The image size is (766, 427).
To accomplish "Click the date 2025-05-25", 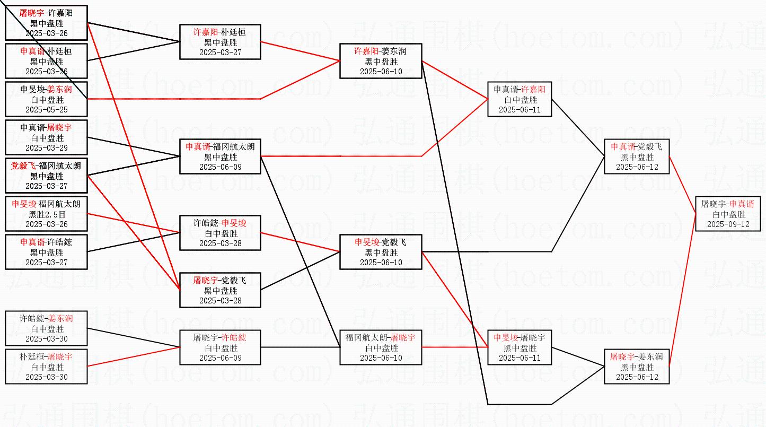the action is click(46, 110).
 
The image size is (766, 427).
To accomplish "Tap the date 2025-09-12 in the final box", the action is click(728, 224).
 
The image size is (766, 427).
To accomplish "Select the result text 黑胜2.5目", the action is click(46, 214).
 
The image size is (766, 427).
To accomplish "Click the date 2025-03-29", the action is click(46, 148).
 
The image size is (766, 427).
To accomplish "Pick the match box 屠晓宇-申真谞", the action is click(728, 214).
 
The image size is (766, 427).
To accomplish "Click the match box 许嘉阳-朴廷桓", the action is click(220, 41).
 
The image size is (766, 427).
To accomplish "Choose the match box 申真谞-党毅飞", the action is click(637, 157).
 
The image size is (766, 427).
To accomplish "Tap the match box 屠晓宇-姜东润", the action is click(637, 367).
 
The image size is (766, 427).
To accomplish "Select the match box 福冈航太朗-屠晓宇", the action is click(381, 348).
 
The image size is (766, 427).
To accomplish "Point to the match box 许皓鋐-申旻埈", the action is click(220, 233).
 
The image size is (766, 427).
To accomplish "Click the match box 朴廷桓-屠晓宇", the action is click(46, 367).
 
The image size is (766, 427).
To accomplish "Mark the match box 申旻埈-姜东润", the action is click(46, 99).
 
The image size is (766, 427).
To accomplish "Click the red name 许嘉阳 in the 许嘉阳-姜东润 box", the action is click(366, 51).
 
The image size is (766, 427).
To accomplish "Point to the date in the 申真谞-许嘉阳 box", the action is click(520, 110).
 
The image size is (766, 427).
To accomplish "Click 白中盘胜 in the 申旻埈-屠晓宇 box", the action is click(520, 348).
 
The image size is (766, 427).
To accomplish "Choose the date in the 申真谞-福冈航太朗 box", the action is click(220, 167).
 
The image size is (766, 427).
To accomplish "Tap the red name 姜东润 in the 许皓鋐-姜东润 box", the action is click(60, 319).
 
